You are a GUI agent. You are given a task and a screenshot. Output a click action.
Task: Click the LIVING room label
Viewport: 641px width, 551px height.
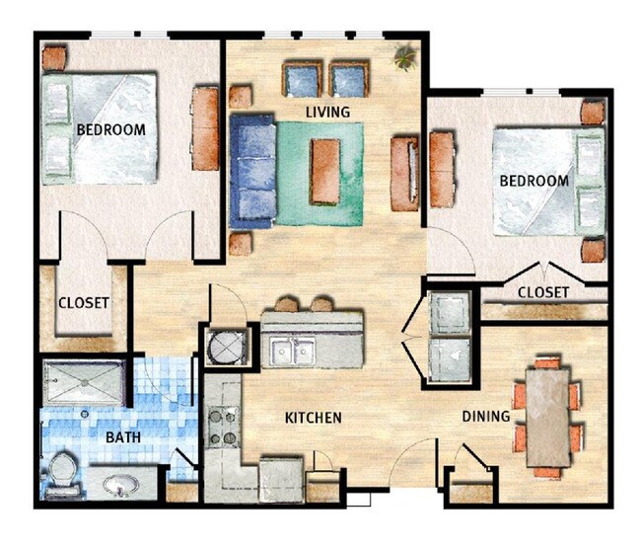[x=327, y=113]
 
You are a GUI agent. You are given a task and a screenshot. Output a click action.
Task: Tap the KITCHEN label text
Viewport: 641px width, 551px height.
[x=313, y=419]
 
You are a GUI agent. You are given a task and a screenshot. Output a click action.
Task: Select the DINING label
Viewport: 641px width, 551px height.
[x=485, y=417]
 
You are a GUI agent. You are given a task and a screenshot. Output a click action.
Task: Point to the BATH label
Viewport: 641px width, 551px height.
[x=122, y=436]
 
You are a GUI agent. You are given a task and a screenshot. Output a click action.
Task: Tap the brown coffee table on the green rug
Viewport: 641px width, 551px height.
[x=324, y=171]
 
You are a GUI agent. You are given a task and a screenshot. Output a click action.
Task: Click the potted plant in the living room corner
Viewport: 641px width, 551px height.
[x=403, y=57]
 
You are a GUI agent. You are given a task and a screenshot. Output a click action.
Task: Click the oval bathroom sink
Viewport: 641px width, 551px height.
[x=122, y=486]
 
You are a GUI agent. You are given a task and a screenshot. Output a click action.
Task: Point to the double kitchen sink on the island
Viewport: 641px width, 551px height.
[x=289, y=351]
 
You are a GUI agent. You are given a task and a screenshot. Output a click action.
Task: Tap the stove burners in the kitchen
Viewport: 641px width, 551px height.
[x=224, y=425]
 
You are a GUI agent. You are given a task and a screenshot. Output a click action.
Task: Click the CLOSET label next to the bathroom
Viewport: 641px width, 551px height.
[x=83, y=303]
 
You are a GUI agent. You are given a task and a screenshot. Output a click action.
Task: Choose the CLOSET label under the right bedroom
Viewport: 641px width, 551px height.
[x=542, y=292]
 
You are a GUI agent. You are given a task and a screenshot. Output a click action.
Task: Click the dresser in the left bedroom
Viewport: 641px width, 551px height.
[x=204, y=128]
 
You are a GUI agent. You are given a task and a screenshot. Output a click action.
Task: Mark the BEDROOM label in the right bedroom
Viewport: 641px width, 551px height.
[x=534, y=181]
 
